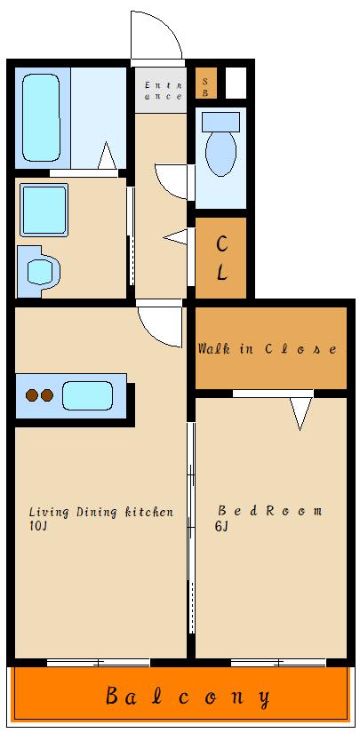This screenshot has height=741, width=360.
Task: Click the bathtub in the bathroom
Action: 41,117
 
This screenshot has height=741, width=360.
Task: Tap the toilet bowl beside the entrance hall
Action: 221,153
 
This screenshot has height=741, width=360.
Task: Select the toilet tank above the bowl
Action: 220,122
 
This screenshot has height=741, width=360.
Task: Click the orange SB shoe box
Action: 206,84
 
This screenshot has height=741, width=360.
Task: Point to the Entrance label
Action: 164,91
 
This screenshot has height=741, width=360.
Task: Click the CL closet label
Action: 221,259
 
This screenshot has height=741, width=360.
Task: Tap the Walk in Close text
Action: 268,349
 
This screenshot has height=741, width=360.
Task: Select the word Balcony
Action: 188,697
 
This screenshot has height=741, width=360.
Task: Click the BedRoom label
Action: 269,511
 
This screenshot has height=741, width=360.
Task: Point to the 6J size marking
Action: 221,527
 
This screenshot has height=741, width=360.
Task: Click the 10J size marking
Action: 37,527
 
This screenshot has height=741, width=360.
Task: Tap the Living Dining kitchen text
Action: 101,512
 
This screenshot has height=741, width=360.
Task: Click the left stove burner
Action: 32,395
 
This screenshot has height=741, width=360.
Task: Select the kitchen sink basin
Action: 87,395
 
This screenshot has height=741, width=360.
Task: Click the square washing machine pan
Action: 44,210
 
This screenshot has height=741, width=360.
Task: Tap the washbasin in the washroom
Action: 41,271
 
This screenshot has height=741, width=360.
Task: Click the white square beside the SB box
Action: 236,84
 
